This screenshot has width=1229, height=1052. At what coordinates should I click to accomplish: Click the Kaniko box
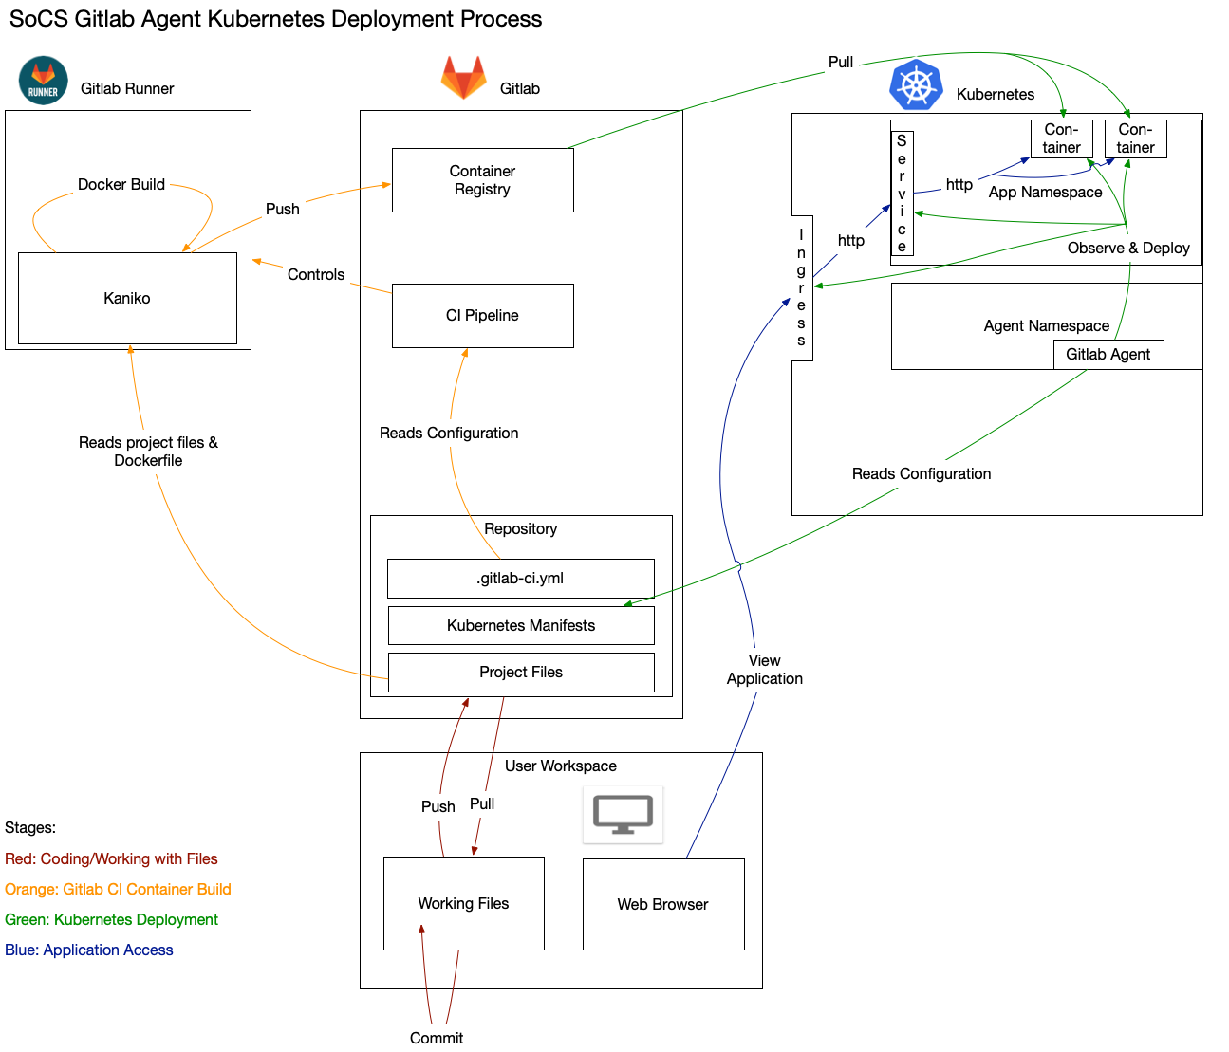pos(127,298)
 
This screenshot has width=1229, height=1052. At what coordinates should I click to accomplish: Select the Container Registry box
pos(482,180)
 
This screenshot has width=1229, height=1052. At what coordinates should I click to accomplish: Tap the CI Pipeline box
pos(482,316)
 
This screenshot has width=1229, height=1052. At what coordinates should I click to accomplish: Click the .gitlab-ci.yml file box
pos(520,579)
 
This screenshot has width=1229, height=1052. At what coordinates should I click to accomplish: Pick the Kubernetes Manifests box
pos(520,626)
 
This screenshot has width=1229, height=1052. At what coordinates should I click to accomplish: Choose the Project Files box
pos(520,673)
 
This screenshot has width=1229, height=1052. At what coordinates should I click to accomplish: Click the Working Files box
pos(463,904)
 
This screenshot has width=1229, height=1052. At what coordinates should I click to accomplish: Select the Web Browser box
pos(662,905)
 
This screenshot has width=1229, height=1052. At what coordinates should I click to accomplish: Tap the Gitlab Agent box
pos(1108,355)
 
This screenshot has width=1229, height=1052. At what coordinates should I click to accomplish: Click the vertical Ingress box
pos(802,288)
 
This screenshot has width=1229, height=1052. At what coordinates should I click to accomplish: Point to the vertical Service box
pos(902,194)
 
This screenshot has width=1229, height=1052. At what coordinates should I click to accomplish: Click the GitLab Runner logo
pos(43,81)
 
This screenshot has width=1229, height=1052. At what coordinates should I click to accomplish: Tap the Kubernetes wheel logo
pos(916,85)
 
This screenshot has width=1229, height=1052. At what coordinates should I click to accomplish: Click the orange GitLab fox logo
pos(463,78)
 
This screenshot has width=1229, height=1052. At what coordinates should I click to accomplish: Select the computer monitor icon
pos(623,814)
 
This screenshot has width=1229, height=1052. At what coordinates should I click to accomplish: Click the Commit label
pos(437,1038)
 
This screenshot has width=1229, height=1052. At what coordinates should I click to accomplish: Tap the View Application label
pos(765,670)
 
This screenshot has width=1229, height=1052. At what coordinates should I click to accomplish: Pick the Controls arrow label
pos(316,275)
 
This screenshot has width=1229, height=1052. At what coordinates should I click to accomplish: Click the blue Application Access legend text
pos(89,950)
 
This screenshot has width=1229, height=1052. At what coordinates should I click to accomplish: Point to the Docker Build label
pos(121,185)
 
